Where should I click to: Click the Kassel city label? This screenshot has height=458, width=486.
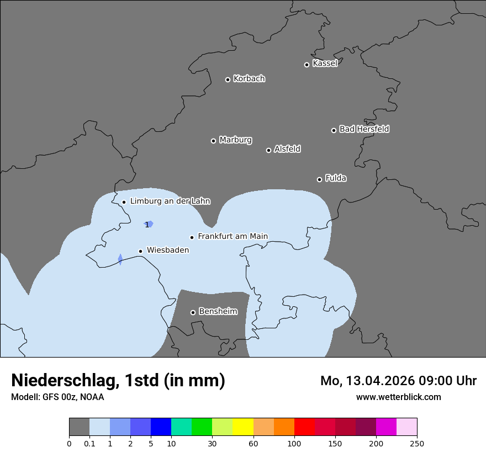(x=325, y=63)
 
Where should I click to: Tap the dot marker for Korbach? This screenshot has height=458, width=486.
(x=228, y=79)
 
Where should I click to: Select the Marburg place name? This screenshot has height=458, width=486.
(x=235, y=140)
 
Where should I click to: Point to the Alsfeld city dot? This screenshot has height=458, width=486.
(x=268, y=150)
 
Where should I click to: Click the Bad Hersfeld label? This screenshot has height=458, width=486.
(x=364, y=129)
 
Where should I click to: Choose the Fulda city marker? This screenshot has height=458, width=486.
(x=319, y=179)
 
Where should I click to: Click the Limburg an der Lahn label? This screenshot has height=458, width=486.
(x=170, y=201)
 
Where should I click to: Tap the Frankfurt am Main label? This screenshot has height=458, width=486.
(x=233, y=236)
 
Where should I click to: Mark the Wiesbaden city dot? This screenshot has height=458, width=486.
(x=140, y=251)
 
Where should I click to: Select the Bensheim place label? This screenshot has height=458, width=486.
(x=218, y=311)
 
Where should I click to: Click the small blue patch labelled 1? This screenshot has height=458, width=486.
(x=150, y=224)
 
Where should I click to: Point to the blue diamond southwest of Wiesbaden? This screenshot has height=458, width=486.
(x=120, y=259)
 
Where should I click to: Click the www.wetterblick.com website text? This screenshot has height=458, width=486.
(x=398, y=397)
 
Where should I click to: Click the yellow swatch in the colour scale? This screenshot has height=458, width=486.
(x=243, y=427)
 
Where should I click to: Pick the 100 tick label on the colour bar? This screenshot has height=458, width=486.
(x=294, y=443)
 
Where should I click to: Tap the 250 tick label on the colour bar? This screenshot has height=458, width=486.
(x=417, y=443)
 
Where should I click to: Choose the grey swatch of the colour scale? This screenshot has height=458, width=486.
(x=79, y=427)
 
